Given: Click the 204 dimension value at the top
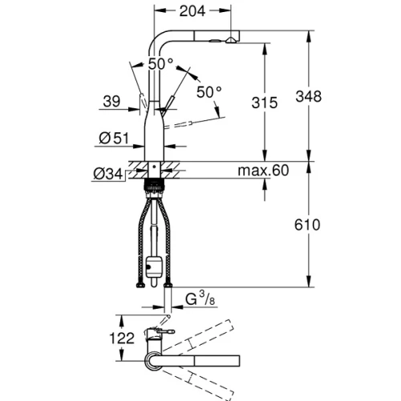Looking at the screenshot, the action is click(x=192, y=11).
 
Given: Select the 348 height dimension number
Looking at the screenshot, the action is click(x=309, y=96).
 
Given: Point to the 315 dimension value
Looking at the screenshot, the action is click(x=265, y=103).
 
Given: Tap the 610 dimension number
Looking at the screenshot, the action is click(x=307, y=225).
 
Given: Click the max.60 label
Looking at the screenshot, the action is click(x=263, y=170).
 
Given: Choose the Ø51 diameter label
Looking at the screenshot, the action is click(x=114, y=138).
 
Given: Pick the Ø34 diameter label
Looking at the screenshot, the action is click(x=108, y=174).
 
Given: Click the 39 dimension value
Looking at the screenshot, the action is click(x=111, y=101).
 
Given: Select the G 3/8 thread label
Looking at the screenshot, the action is click(x=200, y=298).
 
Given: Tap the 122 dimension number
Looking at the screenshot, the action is click(x=122, y=338).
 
